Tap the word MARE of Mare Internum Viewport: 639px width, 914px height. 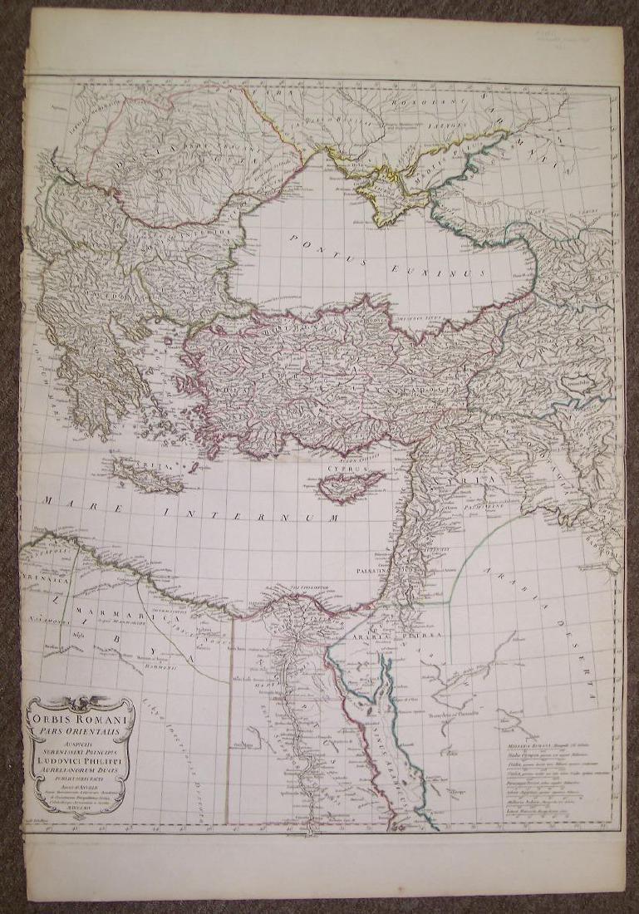click(66, 502)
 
